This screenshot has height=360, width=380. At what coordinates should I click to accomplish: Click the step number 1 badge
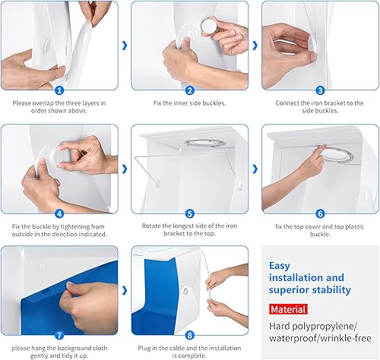[x=59, y=90]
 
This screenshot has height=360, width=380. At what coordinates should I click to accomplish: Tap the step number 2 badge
[x=190, y=90]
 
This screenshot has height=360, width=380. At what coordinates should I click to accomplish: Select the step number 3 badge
[x=320, y=90]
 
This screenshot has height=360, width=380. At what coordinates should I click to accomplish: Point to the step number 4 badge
[x=59, y=214]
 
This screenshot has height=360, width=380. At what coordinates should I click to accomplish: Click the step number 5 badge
[x=190, y=214]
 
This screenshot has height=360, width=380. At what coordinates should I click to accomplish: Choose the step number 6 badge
[x=320, y=214]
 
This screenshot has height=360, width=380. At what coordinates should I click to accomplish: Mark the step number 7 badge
[x=59, y=336]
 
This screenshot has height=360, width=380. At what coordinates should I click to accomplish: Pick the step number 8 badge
[x=190, y=336]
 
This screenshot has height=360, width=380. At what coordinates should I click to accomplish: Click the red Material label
[x=288, y=309]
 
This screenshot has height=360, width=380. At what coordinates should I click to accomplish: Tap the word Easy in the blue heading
[x=280, y=266]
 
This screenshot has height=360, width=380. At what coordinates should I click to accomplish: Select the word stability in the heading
[x=333, y=290]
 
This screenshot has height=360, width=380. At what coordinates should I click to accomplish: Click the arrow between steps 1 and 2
[x=125, y=46]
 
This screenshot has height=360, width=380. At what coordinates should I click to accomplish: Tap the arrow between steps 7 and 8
[x=125, y=291]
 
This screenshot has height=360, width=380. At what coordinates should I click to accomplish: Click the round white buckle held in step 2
[x=209, y=26]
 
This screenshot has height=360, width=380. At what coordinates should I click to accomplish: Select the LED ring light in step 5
[x=204, y=143]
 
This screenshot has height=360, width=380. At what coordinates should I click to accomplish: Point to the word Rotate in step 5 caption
[x=151, y=226]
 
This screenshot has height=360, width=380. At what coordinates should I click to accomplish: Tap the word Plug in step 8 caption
[x=144, y=349]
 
